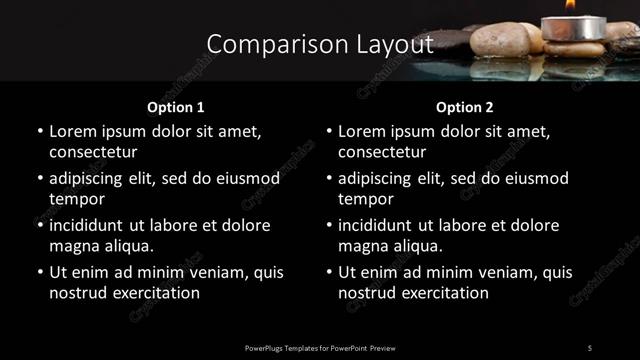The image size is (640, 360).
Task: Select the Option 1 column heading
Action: [175, 105]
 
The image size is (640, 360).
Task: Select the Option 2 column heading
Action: [465, 105]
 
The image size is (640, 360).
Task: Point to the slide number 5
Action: [589, 347]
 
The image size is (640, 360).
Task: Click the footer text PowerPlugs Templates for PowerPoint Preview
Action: [319, 347]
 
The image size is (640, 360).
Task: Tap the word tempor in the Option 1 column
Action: [76, 199]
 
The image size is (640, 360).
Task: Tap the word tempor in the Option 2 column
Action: [365, 199]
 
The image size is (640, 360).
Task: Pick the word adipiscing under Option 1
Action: [88, 178]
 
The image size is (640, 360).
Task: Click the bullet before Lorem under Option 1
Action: [40, 132]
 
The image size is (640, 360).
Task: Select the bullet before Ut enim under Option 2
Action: [329, 273]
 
